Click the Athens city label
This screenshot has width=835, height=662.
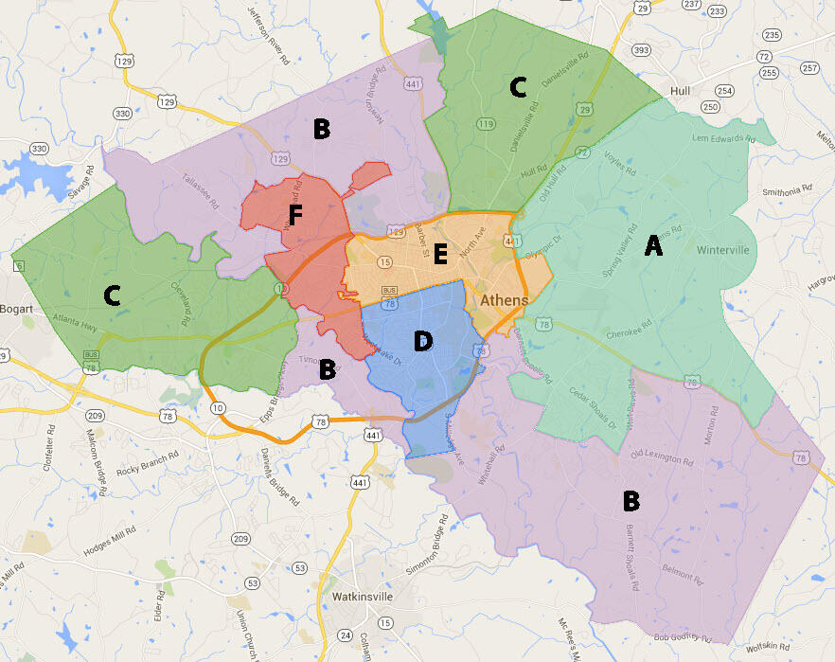point(505,300)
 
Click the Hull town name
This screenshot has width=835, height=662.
point(679,91)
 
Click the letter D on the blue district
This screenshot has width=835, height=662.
point(422,341)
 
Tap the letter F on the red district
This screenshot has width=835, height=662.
point(294,217)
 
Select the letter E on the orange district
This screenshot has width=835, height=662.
point(439,254)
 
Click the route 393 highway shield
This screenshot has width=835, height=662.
point(641,50)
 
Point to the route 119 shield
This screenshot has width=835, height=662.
point(487,124)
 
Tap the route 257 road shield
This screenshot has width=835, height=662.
point(808,68)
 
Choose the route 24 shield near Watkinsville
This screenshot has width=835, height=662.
point(346,635)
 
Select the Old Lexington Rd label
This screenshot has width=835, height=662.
point(662,458)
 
